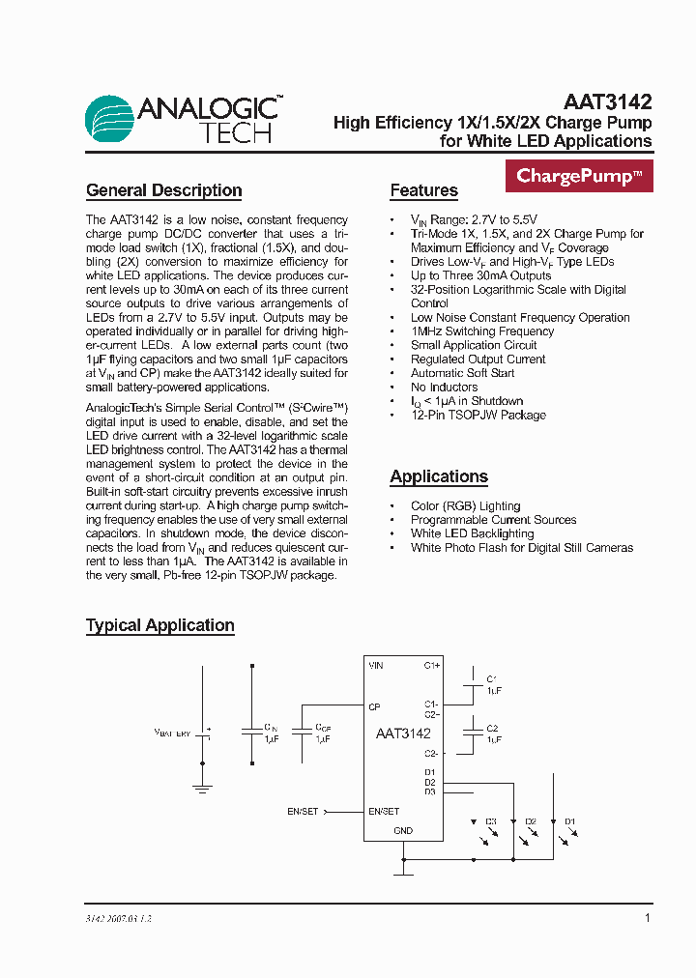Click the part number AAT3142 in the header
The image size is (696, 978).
[x=607, y=101]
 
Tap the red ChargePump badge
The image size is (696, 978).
[x=579, y=176]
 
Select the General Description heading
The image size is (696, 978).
[x=163, y=190]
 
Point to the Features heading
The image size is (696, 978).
[x=423, y=190]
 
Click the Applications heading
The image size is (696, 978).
[x=439, y=476]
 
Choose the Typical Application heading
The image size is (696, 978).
[x=160, y=625]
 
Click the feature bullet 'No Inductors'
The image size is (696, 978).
[x=444, y=387]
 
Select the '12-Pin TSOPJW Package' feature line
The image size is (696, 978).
[x=478, y=415]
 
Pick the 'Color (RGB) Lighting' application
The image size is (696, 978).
[x=465, y=505]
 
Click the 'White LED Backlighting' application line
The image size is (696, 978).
[x=472, y=533]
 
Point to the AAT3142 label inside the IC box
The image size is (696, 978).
[x=403, y=733]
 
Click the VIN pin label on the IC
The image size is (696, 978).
[x=376, y=666]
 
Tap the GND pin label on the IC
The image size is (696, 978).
[x=403, y=830]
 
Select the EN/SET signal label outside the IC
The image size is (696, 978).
[x=303, y=812]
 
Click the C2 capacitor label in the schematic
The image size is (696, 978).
[x=492, y=728]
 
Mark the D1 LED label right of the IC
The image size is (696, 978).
[x=570, y=821]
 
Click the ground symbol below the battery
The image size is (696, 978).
[x=202, y=789]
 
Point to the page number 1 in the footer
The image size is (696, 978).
[x=648, y=918]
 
